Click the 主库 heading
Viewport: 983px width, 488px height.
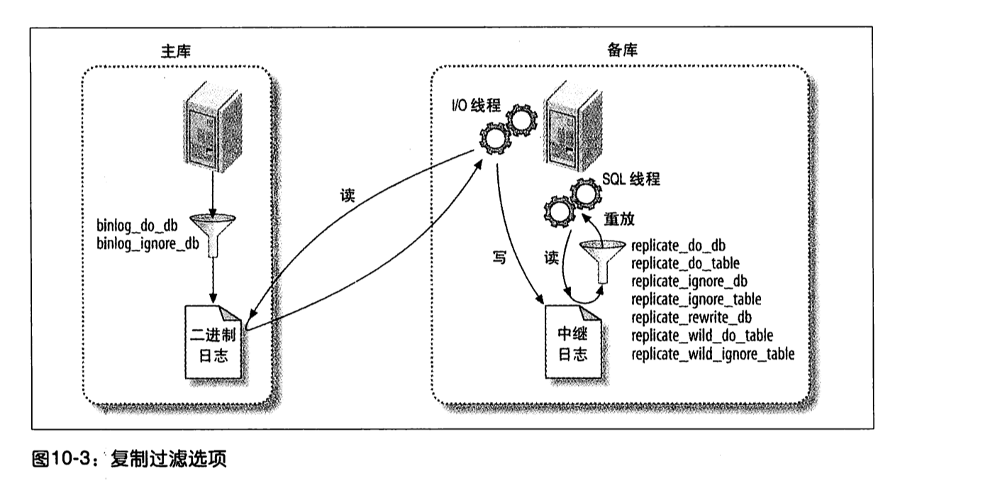point(175,51)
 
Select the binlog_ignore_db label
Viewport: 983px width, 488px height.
point(148,243)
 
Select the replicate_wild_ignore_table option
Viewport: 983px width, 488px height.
point(712,353)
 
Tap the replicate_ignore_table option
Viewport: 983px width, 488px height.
point(695,299)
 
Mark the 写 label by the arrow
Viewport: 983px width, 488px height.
point(499,259)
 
